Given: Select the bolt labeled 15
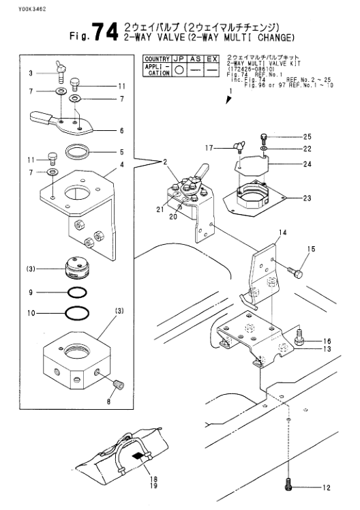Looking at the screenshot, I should [296, 273].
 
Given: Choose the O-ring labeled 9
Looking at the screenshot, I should [78, 293].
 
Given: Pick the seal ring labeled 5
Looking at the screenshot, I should [77, 151].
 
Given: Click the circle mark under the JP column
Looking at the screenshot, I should [179, 70].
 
